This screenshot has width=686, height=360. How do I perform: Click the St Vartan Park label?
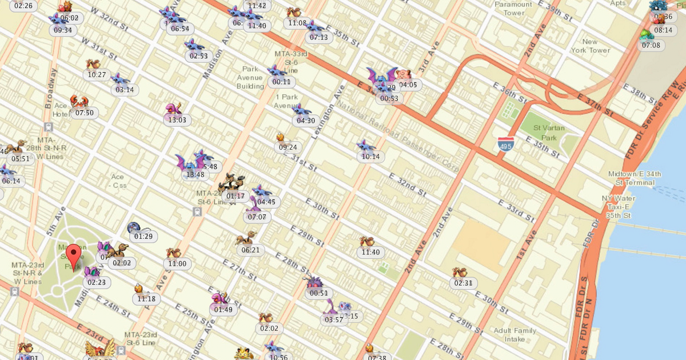(544, 133)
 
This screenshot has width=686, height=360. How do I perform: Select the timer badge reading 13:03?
(177, 120)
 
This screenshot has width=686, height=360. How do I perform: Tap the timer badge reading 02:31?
(463, 283)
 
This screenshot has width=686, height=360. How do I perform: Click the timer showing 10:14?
(370, 157)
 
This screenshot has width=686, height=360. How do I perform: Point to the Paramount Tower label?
(513, 9)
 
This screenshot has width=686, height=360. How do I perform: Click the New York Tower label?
(590, 46)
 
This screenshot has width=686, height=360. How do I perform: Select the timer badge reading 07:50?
(84, 113)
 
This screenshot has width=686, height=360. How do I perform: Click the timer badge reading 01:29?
(143, 236)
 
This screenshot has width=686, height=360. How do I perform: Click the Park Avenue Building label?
(250, 78)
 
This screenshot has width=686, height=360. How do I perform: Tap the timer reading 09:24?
(288, 147)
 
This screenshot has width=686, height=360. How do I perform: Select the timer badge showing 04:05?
(408, 85)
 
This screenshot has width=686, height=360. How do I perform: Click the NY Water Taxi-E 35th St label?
(617, 207)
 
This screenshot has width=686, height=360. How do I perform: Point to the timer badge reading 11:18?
(146, 299)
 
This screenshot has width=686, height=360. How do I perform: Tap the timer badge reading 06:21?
(250, 250)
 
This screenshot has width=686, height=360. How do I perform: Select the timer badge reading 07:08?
(651, 45)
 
